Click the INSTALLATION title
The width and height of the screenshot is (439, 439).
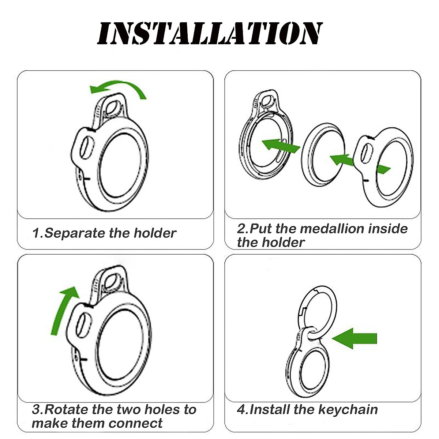[210, 34]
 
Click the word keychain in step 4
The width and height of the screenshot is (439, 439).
[348, 409]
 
